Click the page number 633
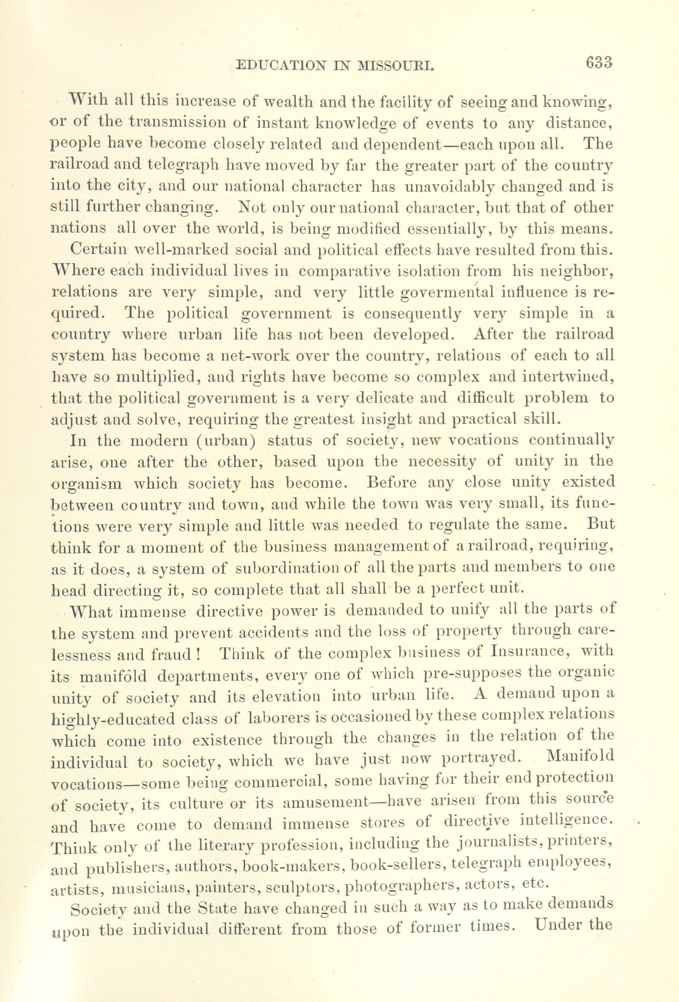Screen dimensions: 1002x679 tap(599, 63)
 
